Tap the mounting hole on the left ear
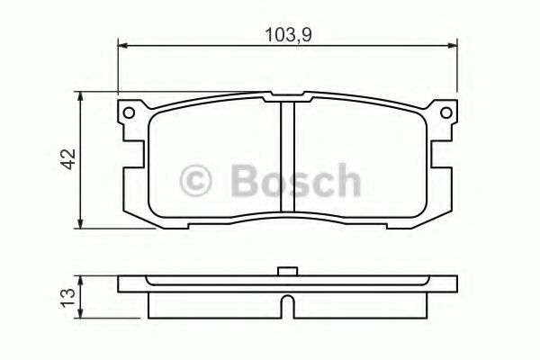coord(129,112)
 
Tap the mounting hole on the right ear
coord(445,112)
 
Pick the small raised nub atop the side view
coord(287,271)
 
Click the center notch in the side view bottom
coord(287,308)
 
